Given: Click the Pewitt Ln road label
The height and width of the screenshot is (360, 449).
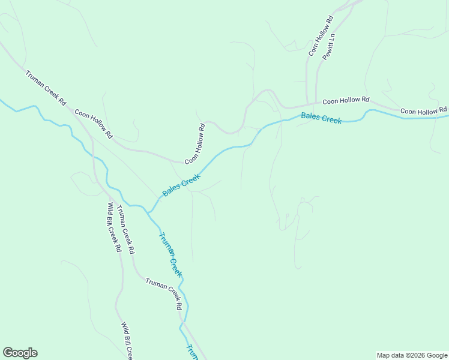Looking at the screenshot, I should point(328,46).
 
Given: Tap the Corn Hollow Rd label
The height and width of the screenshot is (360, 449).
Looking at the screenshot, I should point(321,37).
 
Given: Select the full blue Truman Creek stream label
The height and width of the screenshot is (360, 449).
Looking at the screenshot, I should point(170,254).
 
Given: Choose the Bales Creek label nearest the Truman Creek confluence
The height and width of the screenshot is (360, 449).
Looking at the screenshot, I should point(181,185).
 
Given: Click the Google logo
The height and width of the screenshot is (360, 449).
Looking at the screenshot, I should point(20,353).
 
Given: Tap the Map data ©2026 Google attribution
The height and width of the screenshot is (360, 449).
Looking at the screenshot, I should point(412,355).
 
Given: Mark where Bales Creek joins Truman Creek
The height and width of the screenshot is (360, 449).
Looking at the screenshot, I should point(149,212).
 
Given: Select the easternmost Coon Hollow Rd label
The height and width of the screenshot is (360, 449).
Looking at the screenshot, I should point(423,111).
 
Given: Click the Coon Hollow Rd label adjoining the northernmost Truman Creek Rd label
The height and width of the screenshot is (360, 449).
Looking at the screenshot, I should point(93,124).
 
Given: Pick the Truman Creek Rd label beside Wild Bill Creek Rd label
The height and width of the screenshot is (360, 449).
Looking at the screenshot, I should point(125,229).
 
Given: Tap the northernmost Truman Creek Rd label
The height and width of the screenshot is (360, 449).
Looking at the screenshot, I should point(46,88).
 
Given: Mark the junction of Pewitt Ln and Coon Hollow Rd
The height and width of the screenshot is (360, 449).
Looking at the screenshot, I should point(316,103).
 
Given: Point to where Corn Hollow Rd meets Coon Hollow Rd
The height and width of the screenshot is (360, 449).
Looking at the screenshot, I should point(307,103).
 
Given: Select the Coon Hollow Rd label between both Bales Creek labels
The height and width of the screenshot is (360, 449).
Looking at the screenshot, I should point(195,144).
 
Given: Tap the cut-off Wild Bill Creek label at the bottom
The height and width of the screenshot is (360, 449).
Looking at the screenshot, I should point(126,341).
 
